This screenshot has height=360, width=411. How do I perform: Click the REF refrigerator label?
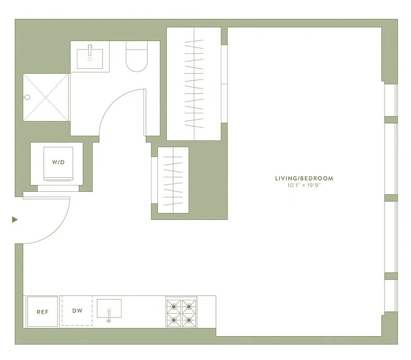point(43,311)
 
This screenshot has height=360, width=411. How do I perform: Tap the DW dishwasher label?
point(77,310)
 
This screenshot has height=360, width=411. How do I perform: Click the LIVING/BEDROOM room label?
point(304,178)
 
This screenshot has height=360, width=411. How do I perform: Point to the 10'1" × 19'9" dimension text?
point(304,185)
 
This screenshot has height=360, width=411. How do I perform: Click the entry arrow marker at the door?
point(15,220)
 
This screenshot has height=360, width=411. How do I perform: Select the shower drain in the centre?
point(46,97)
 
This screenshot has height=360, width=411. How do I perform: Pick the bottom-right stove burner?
point(189,320)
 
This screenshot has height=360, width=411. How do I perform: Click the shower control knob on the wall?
point(27,97)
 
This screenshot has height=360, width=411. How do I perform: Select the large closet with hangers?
point(194,84)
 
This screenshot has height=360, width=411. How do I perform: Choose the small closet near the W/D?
point(173,180)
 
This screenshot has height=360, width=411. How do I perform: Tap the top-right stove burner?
point(189,306)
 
